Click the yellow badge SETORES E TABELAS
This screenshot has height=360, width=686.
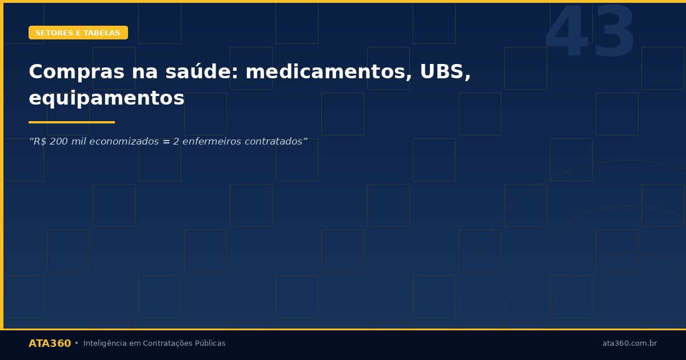pos(78,33)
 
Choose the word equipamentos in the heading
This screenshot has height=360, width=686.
pos(106,98)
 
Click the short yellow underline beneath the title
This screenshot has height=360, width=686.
pos(71,122)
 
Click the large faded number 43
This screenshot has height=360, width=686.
pos(590,33)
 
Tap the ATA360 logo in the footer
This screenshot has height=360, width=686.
pos(50,343)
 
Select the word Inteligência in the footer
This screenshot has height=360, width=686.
pos(103,343)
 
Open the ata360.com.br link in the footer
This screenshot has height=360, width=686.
pos(629,343)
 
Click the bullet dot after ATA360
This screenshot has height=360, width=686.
pos(77,343)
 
